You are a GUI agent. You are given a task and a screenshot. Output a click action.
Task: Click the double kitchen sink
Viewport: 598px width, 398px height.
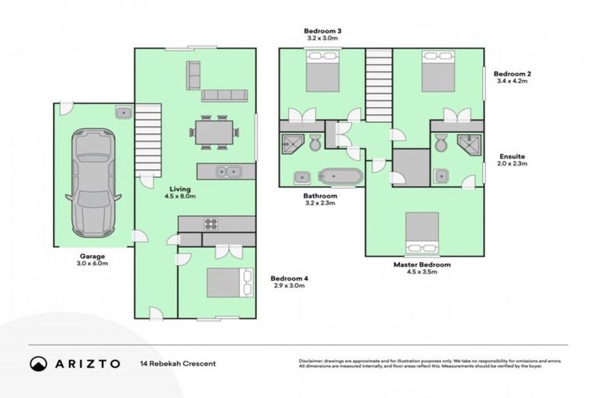227,172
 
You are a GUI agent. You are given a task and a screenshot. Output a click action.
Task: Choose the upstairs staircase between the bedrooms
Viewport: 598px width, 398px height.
378,84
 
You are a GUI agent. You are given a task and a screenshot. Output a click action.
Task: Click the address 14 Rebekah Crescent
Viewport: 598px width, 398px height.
178,363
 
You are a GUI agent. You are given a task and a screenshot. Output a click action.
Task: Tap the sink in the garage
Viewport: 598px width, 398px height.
123,113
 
